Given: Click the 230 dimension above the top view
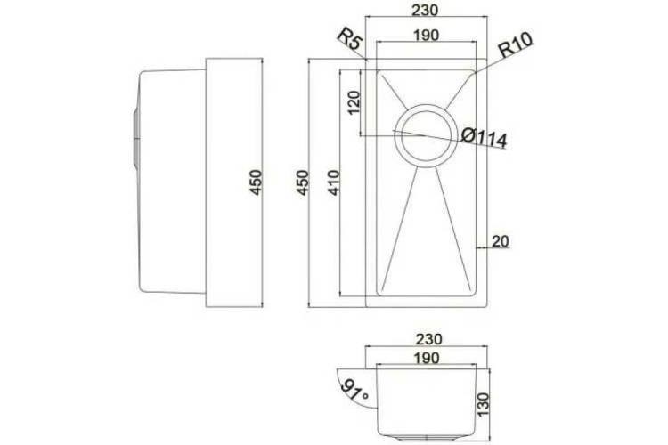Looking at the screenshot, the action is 425,10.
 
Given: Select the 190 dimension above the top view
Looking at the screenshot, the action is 426,35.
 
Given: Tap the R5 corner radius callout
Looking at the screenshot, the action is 350,40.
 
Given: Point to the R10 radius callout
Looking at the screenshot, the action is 516,44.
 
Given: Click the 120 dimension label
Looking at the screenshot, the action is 354,102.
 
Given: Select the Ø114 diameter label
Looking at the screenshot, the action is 485,138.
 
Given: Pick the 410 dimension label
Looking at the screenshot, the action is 334,182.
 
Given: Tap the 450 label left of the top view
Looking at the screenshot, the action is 303,182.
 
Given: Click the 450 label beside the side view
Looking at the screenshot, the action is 256,182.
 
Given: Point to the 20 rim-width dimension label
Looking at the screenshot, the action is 501,241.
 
